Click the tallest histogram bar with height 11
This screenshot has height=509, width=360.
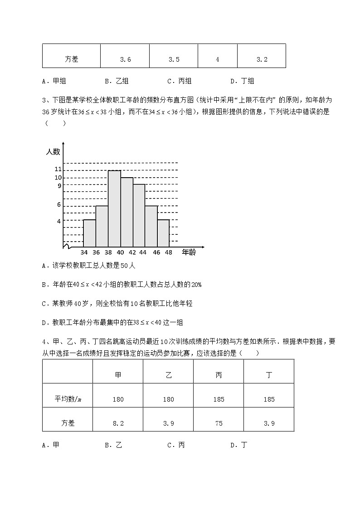click(x=114, y=208)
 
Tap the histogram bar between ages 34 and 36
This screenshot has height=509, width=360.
click(x=90, y=233)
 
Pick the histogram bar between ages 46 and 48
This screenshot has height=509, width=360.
click(x=163, y=233)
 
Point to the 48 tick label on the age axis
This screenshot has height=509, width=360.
click(x=169, y=252)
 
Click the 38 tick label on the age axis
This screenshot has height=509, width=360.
click(x=108, y=252)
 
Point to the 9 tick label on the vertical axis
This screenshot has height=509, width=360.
click(x=59, y=185)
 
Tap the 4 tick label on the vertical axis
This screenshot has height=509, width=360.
click(x=59, y=221)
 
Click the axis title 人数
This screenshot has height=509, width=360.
click(x=53, y=152)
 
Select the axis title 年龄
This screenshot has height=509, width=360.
click(x=189, y=252)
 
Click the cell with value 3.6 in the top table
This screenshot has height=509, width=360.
click(x=125, y=59)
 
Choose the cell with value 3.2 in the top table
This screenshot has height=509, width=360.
click(x=262, y=59)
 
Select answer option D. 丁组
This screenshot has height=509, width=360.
click(x=242, y=82)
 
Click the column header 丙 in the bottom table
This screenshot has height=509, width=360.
click(x=219, y=375)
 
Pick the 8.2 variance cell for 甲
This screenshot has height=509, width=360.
click(x=118, y=423)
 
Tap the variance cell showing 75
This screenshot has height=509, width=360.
click(x=219, y=423)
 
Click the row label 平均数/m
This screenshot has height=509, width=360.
click(x=68, y=399)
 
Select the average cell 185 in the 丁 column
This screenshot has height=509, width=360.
click(x=269, y=399)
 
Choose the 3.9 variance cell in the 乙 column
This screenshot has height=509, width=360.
click(x=168, y=423)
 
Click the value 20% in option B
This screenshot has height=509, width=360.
click(x=196, y=285)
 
